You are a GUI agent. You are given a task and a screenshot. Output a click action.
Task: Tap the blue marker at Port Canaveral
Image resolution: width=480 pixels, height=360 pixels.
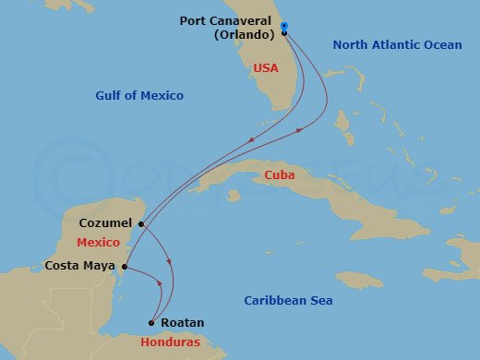[284, 26]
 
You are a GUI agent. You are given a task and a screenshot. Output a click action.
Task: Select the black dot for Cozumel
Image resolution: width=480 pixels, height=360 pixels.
[141, 223]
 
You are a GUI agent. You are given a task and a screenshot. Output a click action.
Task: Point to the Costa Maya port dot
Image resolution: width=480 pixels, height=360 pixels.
[124, 269]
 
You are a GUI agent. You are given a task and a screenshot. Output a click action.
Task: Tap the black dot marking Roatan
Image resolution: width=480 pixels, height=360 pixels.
[150, 323]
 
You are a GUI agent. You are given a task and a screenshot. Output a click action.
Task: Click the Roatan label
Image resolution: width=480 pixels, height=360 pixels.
[178, 324]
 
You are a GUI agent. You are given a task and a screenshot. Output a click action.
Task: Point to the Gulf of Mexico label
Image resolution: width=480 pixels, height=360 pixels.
[139, 95]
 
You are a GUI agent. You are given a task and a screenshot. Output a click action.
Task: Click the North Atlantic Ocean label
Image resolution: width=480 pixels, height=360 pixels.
[398, 44]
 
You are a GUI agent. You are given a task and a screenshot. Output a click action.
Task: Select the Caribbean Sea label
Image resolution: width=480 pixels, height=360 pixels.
[288, 301]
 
